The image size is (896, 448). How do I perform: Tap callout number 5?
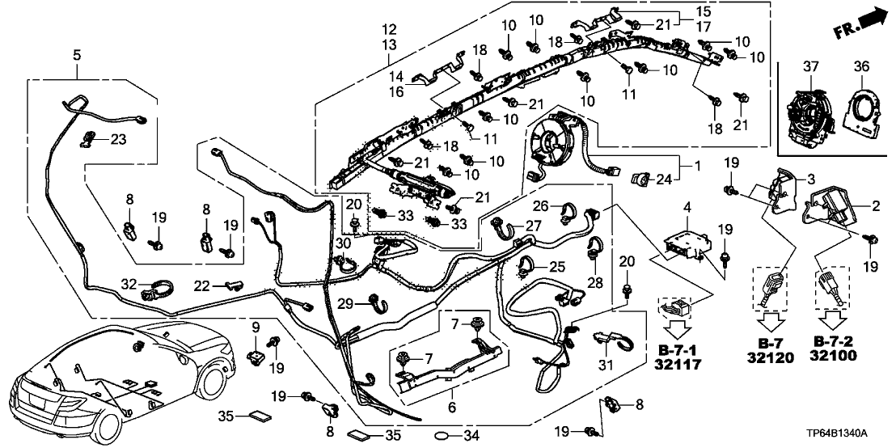77,55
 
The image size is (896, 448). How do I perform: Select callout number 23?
119,139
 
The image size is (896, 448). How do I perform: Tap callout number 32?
129,284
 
